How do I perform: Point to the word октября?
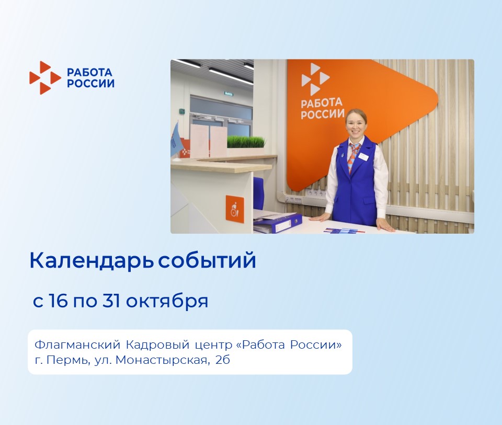167,302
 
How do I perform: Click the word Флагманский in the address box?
77,345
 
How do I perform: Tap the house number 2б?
223,360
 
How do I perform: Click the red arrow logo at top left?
45,78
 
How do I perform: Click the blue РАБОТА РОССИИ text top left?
90,78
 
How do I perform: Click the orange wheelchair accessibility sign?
235,209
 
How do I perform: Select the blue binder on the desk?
278,223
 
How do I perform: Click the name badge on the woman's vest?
363,156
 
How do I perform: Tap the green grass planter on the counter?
246,142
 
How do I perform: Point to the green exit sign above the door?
229,94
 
